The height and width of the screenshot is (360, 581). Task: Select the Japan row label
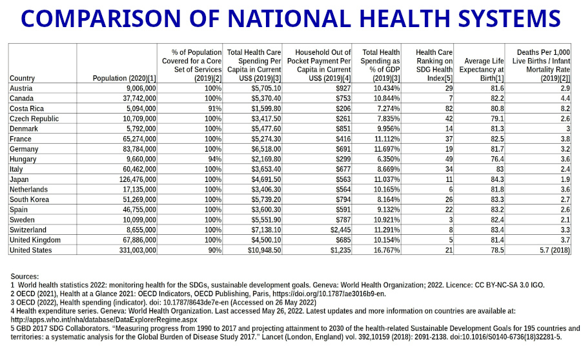coord(19,179)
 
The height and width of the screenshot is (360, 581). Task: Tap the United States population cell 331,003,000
coord(134,250)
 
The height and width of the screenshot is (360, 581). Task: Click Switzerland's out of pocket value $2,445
coord(340,230)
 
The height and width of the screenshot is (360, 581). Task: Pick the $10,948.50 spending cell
coord(260,250)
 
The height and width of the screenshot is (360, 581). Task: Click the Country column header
coord(23,78)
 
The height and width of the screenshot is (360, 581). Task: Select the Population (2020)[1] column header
coord(125,78)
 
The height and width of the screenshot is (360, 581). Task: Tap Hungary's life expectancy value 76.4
coord(496,159)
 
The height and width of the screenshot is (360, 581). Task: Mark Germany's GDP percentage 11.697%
coord(385,149)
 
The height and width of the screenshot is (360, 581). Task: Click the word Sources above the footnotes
coord(25,276)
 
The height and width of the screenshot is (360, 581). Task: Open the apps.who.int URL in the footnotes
coord(104,319)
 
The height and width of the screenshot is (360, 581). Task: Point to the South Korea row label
coord(28,200)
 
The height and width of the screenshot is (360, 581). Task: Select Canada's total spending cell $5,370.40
coord(262,98)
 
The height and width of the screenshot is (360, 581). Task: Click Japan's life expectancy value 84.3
coord(496,179)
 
